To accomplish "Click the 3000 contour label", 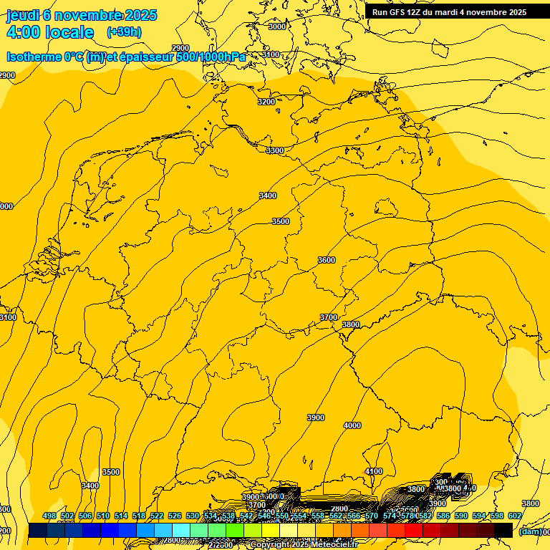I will (x=276, y=26).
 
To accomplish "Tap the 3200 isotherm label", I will (x=266, y=102).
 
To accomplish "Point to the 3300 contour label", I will (x=275, y=150).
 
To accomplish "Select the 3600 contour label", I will (x=327, y=260).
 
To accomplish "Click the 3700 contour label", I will (x=329, y=317).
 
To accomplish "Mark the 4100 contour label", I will (x=374, y=471).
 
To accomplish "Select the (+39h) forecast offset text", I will (x=124, y=32).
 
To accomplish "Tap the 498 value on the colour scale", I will (x=49, y=516).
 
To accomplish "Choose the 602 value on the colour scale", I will (x=515, y=516).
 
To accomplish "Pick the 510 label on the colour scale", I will (x=103, y=516).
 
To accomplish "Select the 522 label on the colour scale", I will (x=157, y=516).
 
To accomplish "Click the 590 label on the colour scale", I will (x=461, y=516).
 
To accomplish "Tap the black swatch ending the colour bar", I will (x=503, y=531).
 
